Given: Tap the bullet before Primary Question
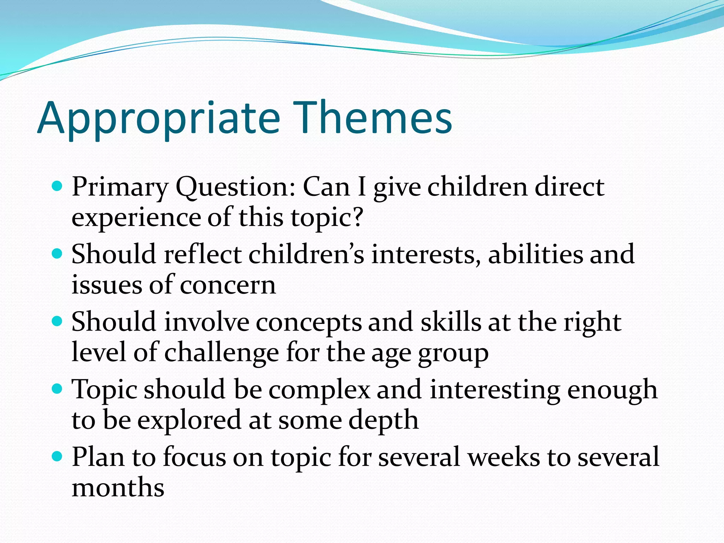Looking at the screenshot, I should coord(57,186).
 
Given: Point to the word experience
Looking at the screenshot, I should coord(136,218).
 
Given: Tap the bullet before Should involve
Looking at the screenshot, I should coord(57,321).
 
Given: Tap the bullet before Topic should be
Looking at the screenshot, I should coord(57,389).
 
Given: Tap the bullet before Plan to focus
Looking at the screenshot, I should coord(57,456).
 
